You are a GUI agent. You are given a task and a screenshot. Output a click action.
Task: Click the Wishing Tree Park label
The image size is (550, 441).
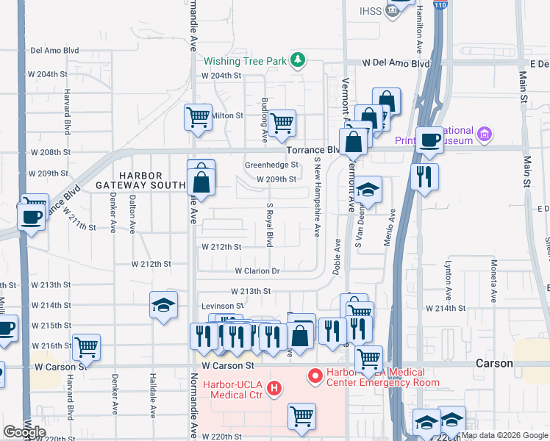244,62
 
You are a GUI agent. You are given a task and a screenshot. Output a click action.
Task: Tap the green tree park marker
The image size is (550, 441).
297,60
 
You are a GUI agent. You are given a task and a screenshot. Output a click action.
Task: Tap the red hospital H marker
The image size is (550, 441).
274,387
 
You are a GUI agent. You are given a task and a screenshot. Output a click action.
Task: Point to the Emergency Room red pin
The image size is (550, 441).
315,377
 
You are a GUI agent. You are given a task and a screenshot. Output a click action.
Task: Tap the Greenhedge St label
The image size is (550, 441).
271,165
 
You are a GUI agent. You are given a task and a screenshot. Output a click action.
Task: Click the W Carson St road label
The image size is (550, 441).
227,365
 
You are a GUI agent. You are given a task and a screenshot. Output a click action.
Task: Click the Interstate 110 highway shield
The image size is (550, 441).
440,5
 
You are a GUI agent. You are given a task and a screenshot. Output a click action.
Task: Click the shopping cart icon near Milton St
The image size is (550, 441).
198,116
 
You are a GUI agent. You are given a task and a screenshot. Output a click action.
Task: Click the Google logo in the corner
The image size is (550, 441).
24,432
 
